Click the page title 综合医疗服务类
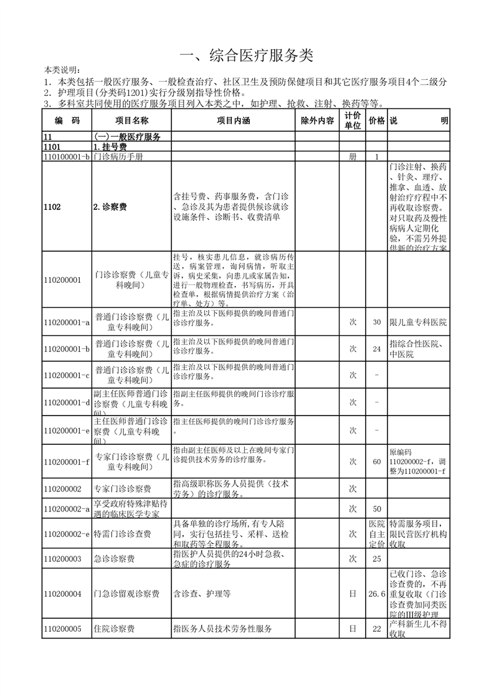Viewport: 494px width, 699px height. click(x=246, y=55)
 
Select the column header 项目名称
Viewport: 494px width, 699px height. click(x=131, y=121)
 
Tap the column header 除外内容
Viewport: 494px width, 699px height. click(x=317, y=121)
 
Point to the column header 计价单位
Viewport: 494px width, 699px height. click(x=353, y=121)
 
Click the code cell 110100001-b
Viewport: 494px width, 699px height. click(x=67, y=157)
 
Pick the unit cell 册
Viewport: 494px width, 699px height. click(x=353, y=157)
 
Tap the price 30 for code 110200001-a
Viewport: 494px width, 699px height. click(x=376, y=322)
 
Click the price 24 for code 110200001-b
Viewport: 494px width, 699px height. click(x=376, y=349)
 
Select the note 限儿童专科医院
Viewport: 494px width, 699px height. click(x=418, y=322)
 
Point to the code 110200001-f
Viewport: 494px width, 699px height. click(x=67, y=462)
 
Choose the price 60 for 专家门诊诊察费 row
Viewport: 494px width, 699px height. click(x=376, y=462)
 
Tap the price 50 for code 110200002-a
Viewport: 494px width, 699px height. click(x=376, y=509)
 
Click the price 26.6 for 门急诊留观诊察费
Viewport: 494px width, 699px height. click(x=376, y=594)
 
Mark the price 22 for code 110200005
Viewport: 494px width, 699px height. click(x=376, y=629)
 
